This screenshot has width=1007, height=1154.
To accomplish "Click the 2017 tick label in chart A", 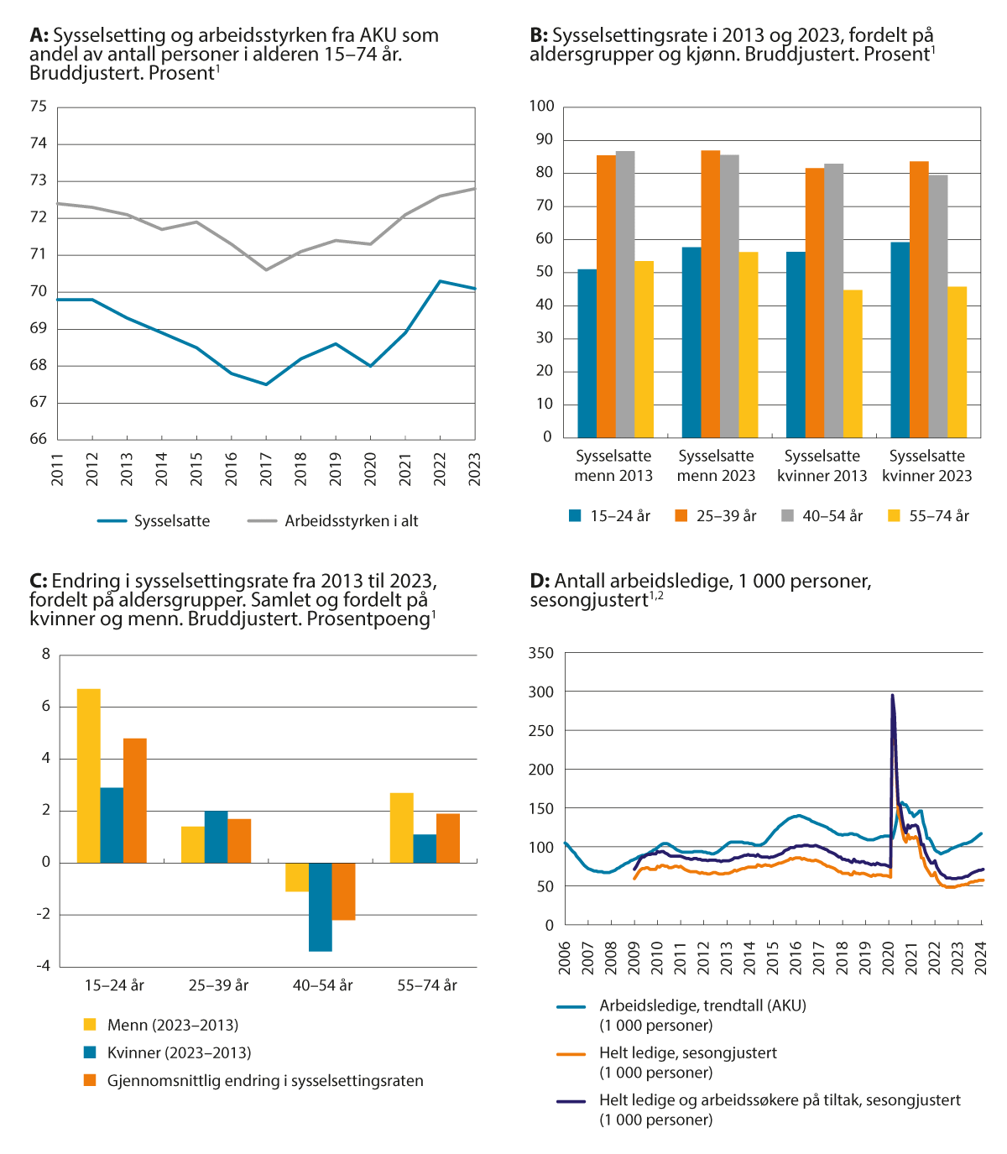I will point(266,469).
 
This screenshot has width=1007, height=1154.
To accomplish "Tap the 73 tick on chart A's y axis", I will point(39,180).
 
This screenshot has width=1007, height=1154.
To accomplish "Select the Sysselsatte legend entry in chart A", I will point(171,521).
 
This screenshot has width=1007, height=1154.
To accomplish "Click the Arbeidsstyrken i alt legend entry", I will point(351,521).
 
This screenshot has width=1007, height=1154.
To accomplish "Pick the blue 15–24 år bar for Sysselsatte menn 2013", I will point(587,353).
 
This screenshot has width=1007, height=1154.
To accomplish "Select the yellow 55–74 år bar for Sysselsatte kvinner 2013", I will point(853,363).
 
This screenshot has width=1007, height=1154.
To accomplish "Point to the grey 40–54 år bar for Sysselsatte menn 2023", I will point(729,295).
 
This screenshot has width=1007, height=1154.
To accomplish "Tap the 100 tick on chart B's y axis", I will point(542,106).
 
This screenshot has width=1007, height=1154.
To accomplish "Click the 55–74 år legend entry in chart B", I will point(938,516).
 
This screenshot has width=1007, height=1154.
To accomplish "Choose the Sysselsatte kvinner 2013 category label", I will point(822,466).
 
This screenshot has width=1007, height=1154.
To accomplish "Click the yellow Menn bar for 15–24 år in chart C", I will point(89,775).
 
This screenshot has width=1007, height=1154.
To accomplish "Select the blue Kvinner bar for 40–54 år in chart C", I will point(320,906).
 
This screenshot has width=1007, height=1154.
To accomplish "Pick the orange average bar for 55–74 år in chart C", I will point(448,838).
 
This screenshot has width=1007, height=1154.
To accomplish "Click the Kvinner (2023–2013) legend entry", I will point(179,1052).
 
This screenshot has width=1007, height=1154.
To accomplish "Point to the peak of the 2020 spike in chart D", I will point(892,695).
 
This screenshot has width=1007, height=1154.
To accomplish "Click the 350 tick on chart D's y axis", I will point(542,653).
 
